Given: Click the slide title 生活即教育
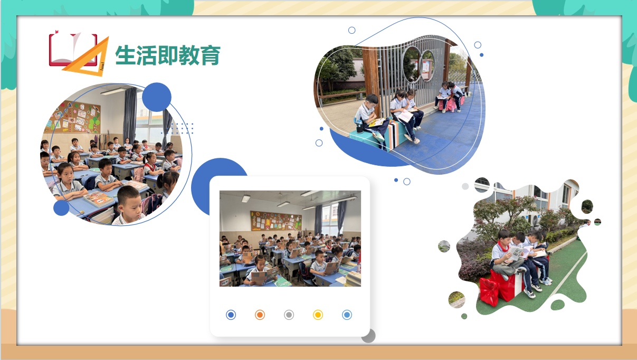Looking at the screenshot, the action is point(168,55).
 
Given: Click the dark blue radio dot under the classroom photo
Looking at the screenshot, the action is point(231,315).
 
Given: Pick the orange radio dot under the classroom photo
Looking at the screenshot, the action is point(260,315).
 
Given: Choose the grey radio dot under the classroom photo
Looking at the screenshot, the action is point(289,315).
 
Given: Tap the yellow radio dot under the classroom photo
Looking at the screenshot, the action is point(318,315).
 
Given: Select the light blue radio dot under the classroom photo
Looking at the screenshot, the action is point(347,315).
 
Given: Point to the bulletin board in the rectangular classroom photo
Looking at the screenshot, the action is point(276,221).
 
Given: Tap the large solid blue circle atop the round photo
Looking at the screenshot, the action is point(157,97).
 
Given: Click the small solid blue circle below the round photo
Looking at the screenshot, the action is point(61,208).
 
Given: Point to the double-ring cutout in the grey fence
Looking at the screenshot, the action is point(419,65).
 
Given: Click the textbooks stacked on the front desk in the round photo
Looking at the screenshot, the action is point(98,199).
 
